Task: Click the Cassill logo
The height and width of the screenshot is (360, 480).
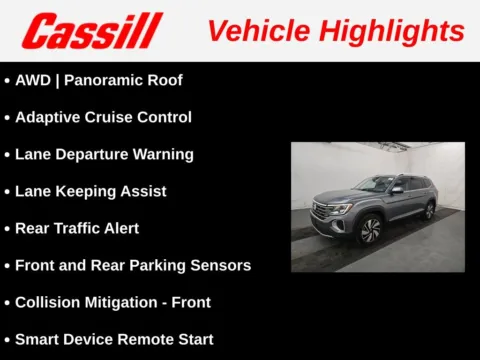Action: [91, 31]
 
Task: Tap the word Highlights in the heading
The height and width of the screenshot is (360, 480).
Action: [395, 30]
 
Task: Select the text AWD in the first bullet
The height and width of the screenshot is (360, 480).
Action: [32, 80]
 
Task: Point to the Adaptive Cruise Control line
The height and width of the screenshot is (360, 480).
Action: [103, 117]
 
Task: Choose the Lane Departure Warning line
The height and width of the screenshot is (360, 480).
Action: [104, 154]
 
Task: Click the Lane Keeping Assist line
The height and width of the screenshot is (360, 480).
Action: [90, 191]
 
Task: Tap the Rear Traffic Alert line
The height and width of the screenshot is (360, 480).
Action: [77, 228]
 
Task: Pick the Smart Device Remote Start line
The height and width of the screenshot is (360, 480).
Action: [113, 339]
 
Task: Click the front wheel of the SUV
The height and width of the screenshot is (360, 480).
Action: [369, 231]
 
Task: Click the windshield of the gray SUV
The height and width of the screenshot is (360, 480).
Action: [375, 186]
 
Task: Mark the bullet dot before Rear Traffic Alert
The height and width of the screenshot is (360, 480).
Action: [7, 229]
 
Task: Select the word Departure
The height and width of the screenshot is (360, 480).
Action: [98, 154]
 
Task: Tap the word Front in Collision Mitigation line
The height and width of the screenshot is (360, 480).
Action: [190, 302]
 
